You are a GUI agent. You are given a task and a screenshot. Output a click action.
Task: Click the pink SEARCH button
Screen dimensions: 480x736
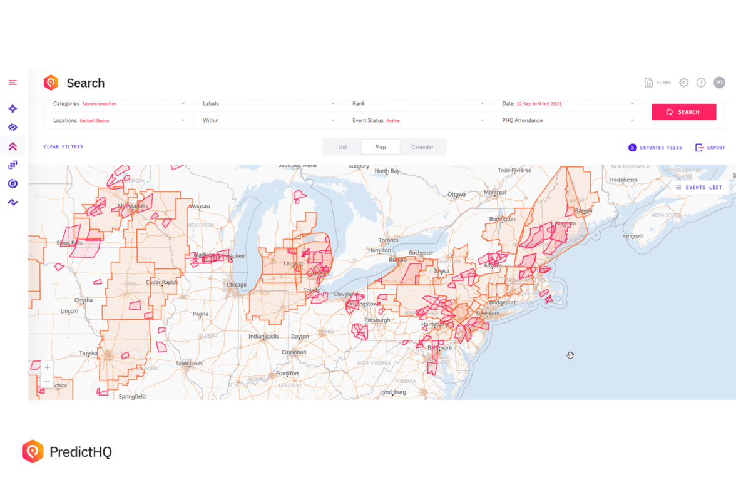tap(683, 112)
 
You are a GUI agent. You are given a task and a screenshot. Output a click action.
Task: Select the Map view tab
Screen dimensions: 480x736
tap(380, 147)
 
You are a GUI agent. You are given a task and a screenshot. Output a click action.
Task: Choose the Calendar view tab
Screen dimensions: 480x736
tap(422, 147)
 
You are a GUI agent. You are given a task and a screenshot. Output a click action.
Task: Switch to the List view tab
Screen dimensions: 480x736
tap(342, 147)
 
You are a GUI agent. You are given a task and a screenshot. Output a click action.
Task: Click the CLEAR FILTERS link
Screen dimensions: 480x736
tap(63, 147)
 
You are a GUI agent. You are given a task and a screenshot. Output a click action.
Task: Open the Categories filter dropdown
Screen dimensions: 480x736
tap(119, 104)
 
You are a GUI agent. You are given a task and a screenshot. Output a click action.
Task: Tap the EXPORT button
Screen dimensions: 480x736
tap(710, 148)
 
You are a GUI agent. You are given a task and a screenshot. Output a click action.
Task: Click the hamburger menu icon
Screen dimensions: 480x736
tap(13, 83)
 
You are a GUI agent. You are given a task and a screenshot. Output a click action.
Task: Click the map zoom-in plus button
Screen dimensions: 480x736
tap(47, 367)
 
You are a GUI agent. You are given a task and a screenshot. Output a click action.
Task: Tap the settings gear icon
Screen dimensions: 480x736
tap(683, 83)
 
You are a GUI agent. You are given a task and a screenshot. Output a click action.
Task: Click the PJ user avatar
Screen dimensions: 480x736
tap(719, 83)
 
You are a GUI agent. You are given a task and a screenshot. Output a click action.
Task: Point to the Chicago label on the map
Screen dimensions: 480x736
tap(237, 285)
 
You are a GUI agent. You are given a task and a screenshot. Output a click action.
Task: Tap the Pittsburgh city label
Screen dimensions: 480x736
tap(377, 320)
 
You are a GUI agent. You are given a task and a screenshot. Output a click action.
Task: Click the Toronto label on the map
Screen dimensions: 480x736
tap(388, 240)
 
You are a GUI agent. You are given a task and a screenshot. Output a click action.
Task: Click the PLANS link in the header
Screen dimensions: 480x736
tap(658, 83)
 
